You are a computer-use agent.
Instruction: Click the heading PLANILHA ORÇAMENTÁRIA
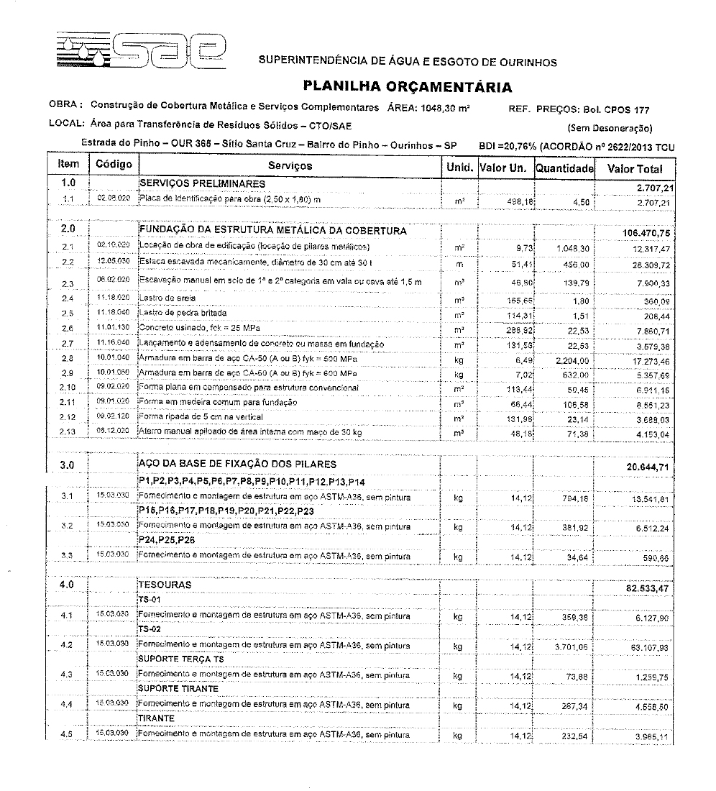click(x=408, y=87)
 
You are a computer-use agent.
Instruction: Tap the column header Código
click(x=114, y=165)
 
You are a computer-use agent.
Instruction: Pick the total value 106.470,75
click(x=648, y=232)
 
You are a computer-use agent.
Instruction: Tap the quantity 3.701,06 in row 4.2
click(x=571, y=647)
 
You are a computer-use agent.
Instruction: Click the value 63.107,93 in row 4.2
click(x=649, y=648)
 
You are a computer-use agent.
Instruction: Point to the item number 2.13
click(x=68, y=432)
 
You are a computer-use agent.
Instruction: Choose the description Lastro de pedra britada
click(x=183, y=314)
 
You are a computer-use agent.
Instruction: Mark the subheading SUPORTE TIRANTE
click(x=178, y=688)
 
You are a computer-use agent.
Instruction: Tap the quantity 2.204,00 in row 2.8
click(x=572, y=359)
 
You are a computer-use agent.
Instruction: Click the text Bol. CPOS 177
click(x=616, y=110)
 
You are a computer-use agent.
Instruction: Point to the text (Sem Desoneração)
click(x=610, y=129)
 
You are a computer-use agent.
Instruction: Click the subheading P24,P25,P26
click(x=167, y=539)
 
